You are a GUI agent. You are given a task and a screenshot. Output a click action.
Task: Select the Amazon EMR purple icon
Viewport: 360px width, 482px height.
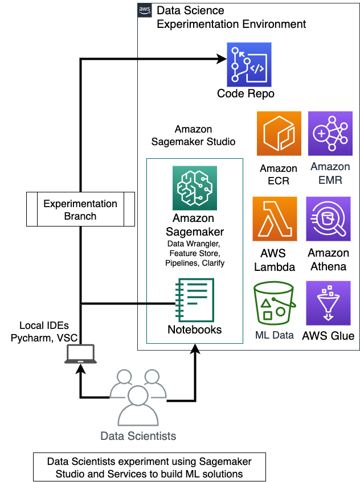330,134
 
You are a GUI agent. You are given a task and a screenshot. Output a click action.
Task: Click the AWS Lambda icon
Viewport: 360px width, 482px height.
275,219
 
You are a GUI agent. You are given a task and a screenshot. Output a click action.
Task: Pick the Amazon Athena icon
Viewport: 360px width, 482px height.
329,219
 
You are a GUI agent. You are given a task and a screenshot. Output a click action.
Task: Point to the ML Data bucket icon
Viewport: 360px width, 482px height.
275,303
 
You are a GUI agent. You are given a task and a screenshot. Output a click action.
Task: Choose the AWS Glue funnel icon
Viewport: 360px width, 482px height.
329,303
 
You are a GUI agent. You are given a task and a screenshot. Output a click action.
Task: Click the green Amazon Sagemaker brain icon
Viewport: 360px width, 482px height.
195,188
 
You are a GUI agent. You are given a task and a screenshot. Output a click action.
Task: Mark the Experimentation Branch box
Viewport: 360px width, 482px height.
80,209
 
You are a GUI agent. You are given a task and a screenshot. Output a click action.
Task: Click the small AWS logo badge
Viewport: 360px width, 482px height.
145,11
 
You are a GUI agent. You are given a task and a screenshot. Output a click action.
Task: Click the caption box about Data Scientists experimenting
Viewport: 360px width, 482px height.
149,467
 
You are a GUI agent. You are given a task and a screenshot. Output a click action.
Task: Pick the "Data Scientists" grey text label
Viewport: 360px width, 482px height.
138,436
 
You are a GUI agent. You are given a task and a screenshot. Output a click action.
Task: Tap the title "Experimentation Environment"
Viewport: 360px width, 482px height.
231,24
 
